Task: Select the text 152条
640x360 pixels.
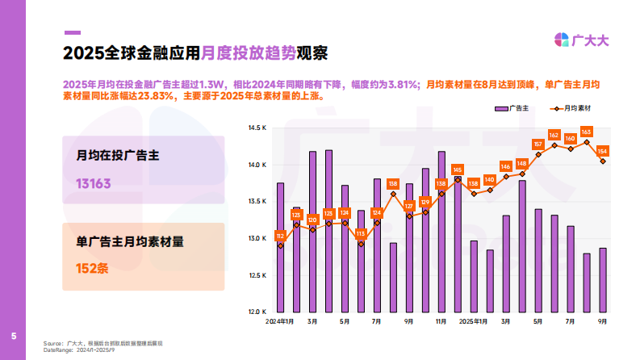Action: (x=92, y=267)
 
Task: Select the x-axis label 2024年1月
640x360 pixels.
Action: (x=279, y=321)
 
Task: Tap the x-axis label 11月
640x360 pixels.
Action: (x=441, y=321)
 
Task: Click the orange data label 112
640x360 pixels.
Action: (x=280, y=236)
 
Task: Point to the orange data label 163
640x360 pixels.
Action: (x=587, y=132)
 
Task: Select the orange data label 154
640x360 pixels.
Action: (x=603, y=151)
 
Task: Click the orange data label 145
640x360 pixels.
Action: (x=458, y=170)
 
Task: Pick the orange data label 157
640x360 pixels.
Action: (x=538, y=144)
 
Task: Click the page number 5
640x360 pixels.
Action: (x=13, y=335)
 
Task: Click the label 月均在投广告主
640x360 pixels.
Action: (x=111, y=156)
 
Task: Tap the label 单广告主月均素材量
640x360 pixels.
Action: (x=129, y=241)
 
